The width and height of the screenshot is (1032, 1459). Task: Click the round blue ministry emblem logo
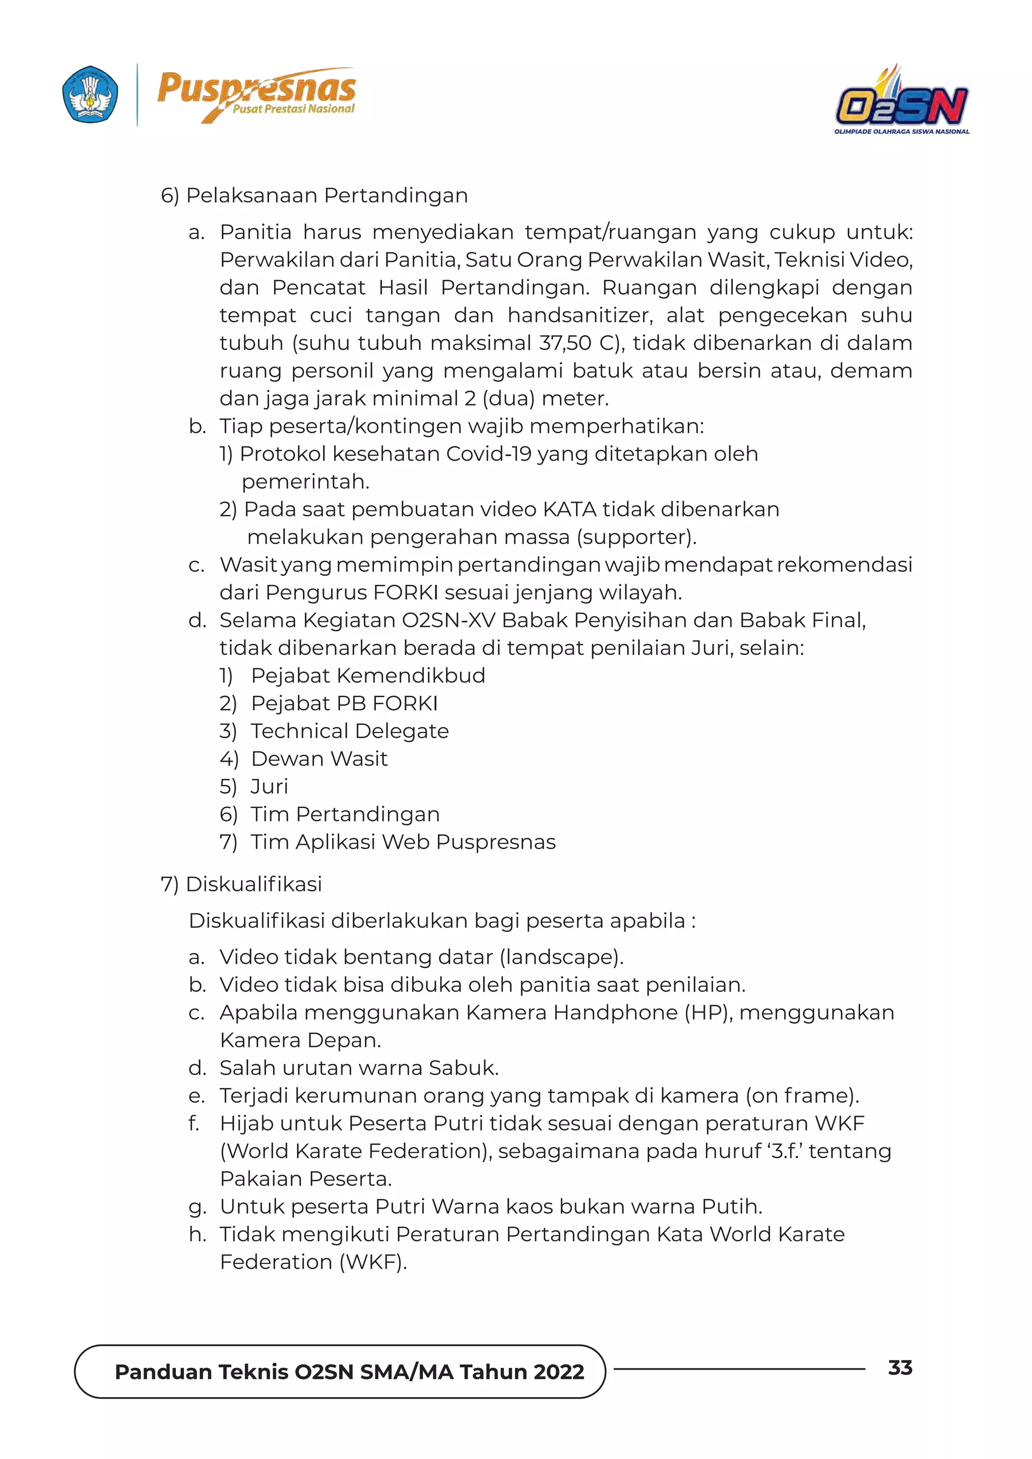[x=90, y=95]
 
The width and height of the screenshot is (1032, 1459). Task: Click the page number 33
[x=900, y=1367]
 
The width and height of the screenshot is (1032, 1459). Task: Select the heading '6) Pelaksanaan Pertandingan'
[x=314, y=195]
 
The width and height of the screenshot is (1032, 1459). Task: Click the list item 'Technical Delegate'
[x=350, y=731]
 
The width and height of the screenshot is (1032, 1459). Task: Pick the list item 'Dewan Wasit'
[x=319, y=759]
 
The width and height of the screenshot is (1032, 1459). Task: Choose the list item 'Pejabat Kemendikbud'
[x=368, y=676]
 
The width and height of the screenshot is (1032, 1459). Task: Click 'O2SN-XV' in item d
[x=448, y=620]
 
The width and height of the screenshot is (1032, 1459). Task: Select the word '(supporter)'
[x=636, y=537]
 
